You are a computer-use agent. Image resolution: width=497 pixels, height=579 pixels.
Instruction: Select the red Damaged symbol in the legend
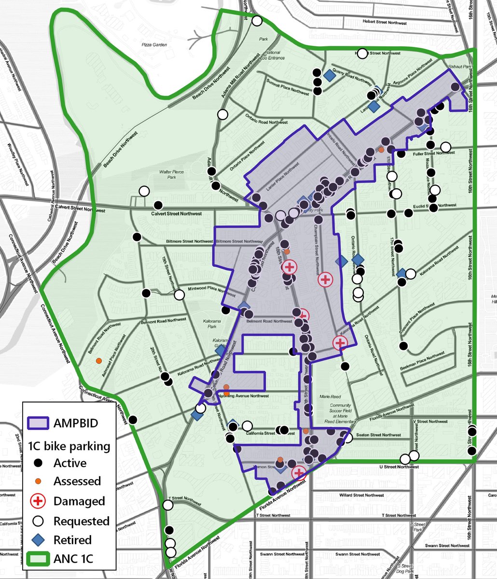(40, 501)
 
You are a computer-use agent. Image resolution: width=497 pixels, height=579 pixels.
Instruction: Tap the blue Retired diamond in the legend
(40, 539)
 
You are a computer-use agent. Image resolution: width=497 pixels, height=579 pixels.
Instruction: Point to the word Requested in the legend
(82, 521)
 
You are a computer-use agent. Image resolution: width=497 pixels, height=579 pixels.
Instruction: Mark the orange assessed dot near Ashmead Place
(98, 360)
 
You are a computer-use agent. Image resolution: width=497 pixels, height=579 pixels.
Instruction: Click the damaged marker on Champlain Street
(325, 278)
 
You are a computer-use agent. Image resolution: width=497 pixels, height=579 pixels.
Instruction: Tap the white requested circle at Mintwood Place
(179, 295)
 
